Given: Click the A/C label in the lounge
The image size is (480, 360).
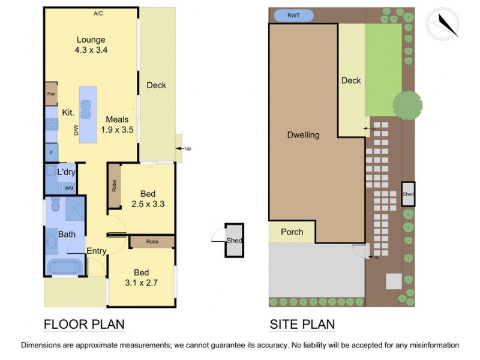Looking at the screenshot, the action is (98, 13).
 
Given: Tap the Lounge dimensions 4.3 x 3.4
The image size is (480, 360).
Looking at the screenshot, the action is (91, 50).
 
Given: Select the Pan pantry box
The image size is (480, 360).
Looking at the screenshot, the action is (51, 94).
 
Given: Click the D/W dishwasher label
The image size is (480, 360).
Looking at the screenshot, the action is (76, 130).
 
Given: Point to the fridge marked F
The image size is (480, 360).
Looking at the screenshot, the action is (52, 152).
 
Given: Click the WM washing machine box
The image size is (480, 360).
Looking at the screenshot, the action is (69, 188).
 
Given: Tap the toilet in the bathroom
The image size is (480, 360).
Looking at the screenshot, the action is (55, 204).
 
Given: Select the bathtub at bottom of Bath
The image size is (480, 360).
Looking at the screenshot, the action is (65, 267).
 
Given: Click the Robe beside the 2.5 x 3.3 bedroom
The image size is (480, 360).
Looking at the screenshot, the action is (115, 186).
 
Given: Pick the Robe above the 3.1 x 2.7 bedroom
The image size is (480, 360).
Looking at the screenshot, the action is (152, 242).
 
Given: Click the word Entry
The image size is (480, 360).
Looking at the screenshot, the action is (97, 251).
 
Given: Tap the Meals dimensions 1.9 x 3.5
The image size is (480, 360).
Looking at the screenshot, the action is (117, 130).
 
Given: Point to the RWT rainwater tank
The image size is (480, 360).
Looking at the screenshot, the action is (293, 16).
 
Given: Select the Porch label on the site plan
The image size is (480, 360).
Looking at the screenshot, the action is (292, 232).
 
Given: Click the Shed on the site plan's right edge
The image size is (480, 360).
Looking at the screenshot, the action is (408, 194).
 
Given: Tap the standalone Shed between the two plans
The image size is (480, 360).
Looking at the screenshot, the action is (235, 241).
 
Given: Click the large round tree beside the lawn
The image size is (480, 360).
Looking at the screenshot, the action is (408, 106).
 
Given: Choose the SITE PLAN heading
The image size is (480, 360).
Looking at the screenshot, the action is (302, 325).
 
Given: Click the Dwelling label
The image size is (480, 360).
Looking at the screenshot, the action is (303, 135).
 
